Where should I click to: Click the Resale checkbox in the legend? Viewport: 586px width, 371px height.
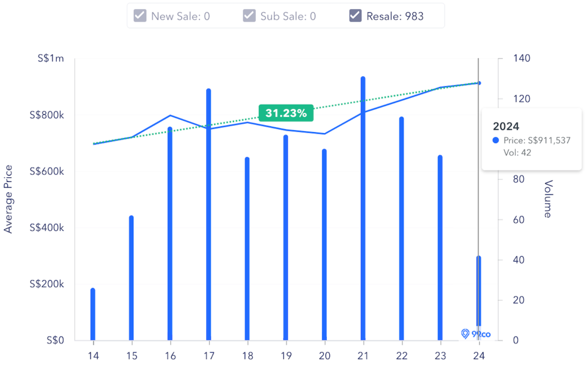355,16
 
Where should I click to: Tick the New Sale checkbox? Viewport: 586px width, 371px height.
140,16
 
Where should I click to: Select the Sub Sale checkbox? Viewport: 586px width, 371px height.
249,16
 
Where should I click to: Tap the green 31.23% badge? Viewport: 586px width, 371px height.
286,113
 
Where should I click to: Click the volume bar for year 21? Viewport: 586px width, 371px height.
363,207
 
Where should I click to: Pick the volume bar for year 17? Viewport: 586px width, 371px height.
209,215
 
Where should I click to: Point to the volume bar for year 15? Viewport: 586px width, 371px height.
131,278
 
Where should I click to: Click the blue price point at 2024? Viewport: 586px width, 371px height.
479,83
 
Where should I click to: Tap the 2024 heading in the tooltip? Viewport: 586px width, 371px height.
506,126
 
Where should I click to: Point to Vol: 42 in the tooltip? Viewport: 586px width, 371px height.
517,153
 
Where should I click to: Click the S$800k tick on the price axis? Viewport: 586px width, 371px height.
47,115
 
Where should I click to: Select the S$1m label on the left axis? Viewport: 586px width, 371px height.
50,58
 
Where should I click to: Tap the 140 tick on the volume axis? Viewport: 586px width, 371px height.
521,58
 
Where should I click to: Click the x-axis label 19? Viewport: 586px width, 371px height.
286,356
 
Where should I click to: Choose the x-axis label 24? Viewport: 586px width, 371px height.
479,356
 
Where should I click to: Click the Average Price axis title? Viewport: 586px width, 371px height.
8,199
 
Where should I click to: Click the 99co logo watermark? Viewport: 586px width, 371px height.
476,334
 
